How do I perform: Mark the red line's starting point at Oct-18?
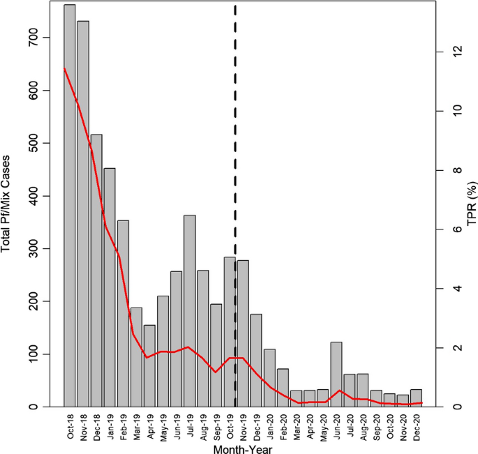(x=64, y=68)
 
